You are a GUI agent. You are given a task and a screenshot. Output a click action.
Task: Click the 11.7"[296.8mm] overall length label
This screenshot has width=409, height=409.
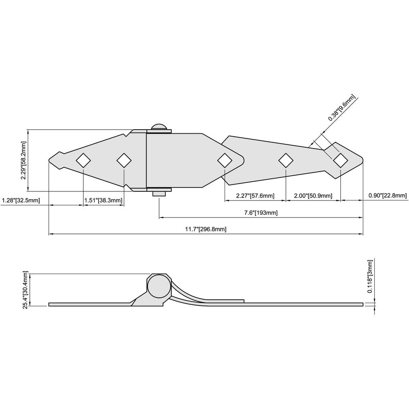point(205,229)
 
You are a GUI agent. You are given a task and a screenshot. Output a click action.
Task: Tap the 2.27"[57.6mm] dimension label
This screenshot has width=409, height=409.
point(255,196)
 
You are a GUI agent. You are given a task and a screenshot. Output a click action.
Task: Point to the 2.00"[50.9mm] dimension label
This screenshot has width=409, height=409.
point(313,196)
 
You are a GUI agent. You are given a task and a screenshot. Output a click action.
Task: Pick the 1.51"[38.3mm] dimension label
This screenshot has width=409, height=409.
point(103,200)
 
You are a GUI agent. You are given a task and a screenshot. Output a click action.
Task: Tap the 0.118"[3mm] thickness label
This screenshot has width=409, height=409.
point(370,276)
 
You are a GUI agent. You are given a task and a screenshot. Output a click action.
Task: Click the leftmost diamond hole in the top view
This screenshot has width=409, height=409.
point(83,160)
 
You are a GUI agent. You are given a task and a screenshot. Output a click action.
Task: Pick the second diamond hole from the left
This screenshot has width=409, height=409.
point(124,160)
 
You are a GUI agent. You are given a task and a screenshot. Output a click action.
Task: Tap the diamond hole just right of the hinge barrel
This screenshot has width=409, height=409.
point(224,160)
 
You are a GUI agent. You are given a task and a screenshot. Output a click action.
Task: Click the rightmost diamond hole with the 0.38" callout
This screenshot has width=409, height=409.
point(340,160)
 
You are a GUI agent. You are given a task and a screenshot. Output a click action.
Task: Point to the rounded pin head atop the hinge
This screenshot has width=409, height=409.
point(159,127)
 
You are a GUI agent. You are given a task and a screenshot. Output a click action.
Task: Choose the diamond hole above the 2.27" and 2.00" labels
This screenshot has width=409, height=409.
point(285,160)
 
